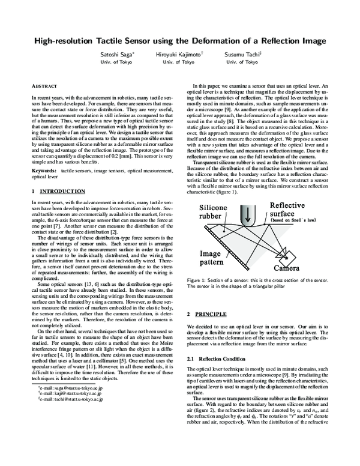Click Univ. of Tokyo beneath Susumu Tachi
[x=242, y=62]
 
